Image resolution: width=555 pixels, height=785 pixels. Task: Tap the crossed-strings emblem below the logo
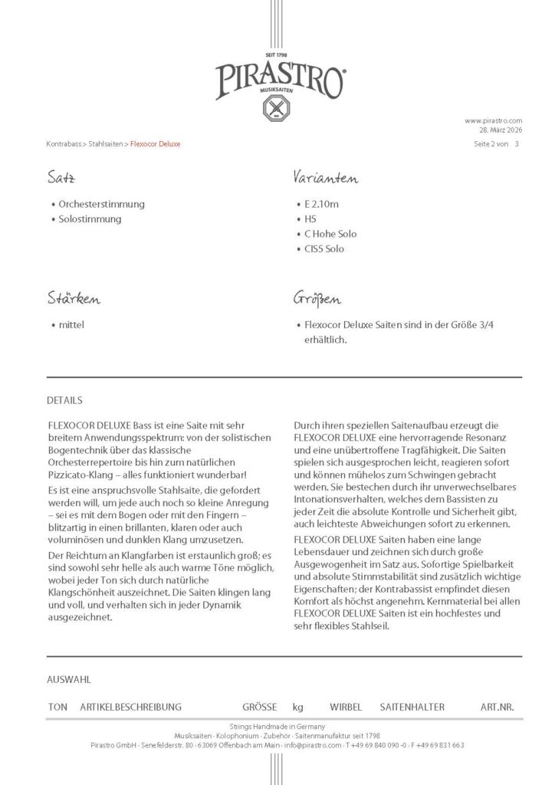(277, 108)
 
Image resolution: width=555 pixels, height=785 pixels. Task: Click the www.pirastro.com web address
(493, 120)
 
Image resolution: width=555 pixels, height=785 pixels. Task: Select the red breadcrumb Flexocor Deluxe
(156, 144)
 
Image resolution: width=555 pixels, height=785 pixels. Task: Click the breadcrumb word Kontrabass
(65, 144)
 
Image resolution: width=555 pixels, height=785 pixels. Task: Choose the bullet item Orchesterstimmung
(101, 205)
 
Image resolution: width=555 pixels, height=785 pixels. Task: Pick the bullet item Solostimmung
(90, 219)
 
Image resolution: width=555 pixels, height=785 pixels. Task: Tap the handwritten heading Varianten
(325, 179)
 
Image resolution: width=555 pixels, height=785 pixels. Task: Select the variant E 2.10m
(321, 205)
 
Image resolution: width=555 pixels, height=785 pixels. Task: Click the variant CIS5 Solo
(324, 249)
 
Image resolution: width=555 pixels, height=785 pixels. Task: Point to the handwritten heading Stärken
(73, 298)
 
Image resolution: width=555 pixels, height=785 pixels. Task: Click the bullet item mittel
(71, 324)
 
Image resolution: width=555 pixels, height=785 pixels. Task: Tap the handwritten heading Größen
(318, 298)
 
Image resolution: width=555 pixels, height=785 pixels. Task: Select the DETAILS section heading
(64, 400)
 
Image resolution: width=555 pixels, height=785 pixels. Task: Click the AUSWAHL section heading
(69, 679)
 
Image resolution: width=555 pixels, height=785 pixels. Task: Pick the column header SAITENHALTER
(412, 707)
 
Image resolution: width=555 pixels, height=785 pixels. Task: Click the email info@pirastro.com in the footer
(314, 745)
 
